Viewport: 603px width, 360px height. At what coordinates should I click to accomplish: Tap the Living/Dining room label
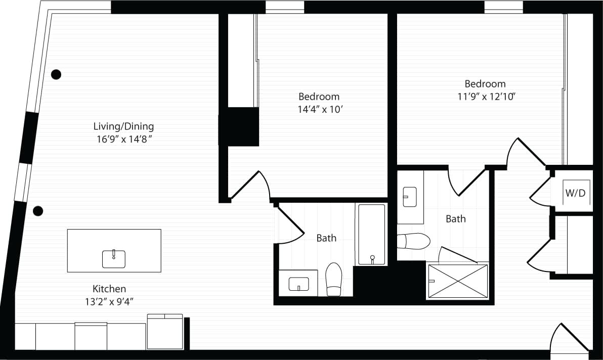tap(123, 126)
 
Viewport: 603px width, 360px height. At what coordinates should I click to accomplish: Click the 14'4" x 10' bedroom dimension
tap(319, 109)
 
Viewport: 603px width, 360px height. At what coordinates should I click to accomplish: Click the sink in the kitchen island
tap(114, 258)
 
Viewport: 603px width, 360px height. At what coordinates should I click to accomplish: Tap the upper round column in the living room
tap(56, 74)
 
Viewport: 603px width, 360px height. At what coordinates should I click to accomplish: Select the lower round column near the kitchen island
tap(38, 211)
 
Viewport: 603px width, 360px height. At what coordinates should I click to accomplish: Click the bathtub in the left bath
tap(372, 234)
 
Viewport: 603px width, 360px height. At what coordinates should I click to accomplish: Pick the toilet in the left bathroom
tap(334, 279)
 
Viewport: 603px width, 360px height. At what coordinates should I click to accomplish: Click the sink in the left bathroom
tap(298, 284)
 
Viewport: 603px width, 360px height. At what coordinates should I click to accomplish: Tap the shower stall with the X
tap(457, 281)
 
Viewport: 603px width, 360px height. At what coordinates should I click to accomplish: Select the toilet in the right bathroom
tap(414, 241)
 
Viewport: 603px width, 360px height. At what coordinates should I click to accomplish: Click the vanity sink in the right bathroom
tap(409, 197)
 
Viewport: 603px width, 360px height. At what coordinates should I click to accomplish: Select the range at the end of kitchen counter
tap(165, 332)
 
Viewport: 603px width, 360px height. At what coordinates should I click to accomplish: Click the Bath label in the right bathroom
tap(455, 219)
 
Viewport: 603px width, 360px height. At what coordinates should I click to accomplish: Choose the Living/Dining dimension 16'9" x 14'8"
tap(123, 140)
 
